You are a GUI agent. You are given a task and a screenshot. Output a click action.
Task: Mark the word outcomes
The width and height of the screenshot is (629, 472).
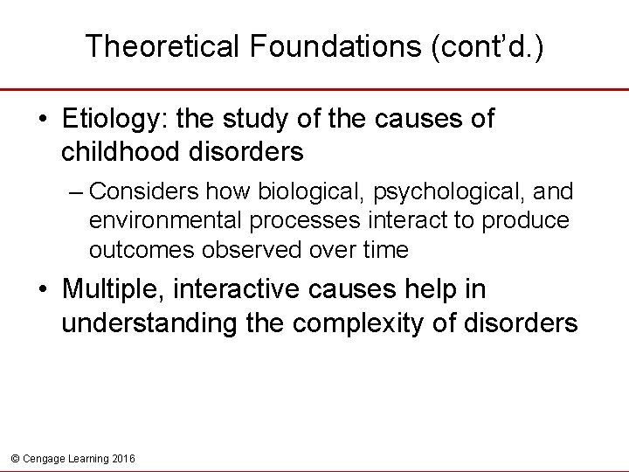pyautogui.click(x=143, y=250)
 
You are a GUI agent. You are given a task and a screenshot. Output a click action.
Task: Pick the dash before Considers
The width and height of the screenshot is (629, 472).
pyautogui.click(x=78, y=191)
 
